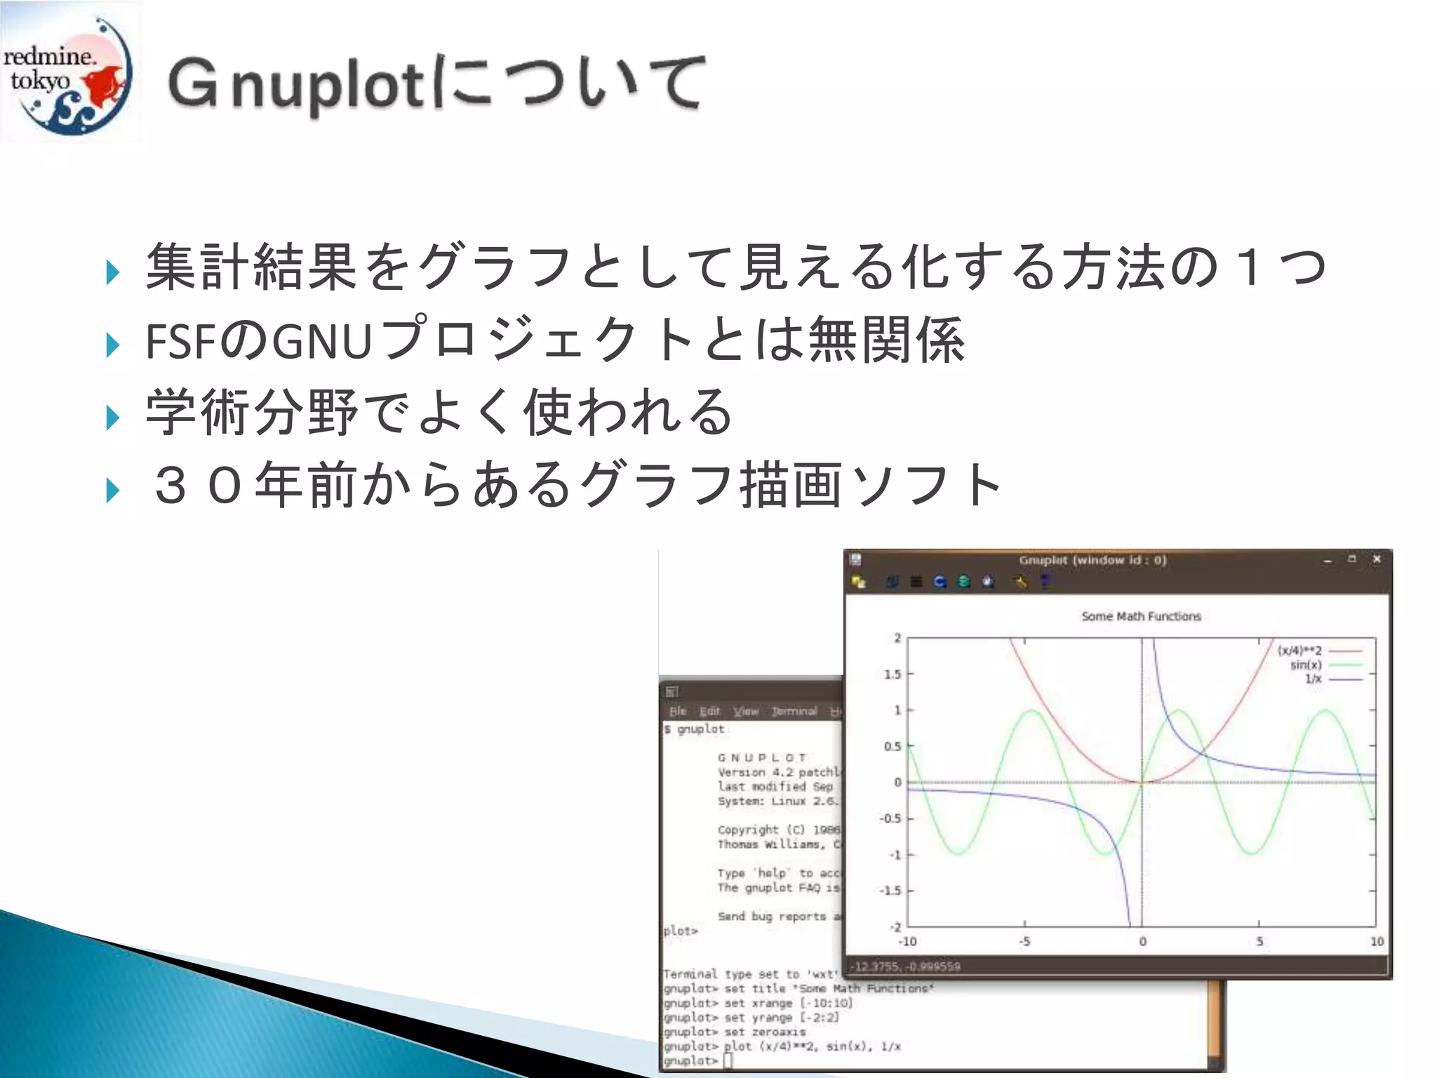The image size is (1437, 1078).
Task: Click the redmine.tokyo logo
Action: [68, 72]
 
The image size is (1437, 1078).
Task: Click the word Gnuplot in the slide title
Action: [295, 84]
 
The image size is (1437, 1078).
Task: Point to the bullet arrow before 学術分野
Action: [112, 418]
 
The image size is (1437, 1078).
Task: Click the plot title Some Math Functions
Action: [1141, 616]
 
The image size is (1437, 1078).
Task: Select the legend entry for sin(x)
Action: [1306, 665]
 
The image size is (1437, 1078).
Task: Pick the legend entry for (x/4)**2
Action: [1299, 651]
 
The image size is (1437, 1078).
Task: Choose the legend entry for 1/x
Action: [1313, 679]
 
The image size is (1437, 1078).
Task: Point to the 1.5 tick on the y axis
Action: [892, 674]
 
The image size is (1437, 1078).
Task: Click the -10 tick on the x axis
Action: [907, 942]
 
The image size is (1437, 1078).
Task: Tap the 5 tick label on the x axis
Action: [1259, 942]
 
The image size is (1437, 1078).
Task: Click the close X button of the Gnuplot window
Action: [1377, 559]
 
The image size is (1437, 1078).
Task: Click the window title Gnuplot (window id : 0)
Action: [1092, 560]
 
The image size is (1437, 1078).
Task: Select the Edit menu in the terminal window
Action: [709, 711]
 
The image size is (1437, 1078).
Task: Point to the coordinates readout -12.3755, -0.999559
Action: [906, 966]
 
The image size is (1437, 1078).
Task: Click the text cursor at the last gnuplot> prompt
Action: [728, 1060]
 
